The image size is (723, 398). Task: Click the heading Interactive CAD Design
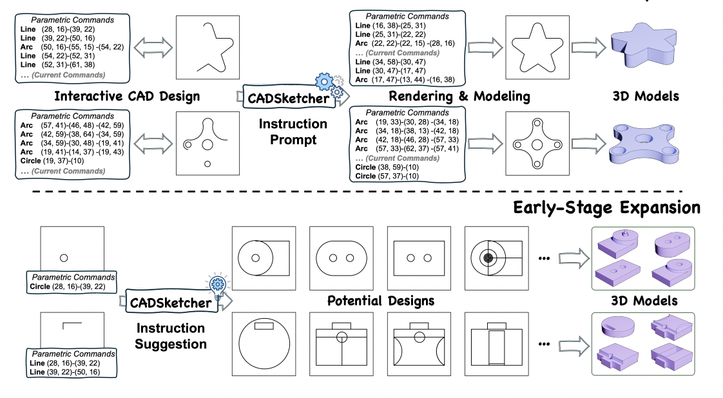(127, 97)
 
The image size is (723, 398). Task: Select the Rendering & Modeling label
(459, 97)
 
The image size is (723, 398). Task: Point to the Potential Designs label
(380, 301)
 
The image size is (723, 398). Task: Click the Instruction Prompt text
(293, 131)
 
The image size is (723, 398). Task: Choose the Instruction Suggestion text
(170, 336)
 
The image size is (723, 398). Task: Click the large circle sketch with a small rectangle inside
(264, 344)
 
